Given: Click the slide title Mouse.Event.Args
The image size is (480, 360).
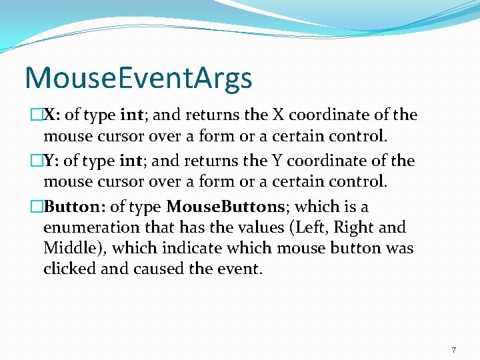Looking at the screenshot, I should [138, 77].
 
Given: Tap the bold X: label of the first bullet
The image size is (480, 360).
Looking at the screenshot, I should [52, 115].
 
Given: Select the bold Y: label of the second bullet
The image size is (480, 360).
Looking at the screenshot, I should [52, 161].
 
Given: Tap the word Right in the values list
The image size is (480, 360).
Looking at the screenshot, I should [353, 228].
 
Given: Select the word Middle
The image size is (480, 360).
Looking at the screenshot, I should [67, 249].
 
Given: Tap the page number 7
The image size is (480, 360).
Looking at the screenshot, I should [454, 350].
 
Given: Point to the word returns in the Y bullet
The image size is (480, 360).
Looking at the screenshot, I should [211, 161].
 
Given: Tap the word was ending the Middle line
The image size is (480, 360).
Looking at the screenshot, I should [399, 249].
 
